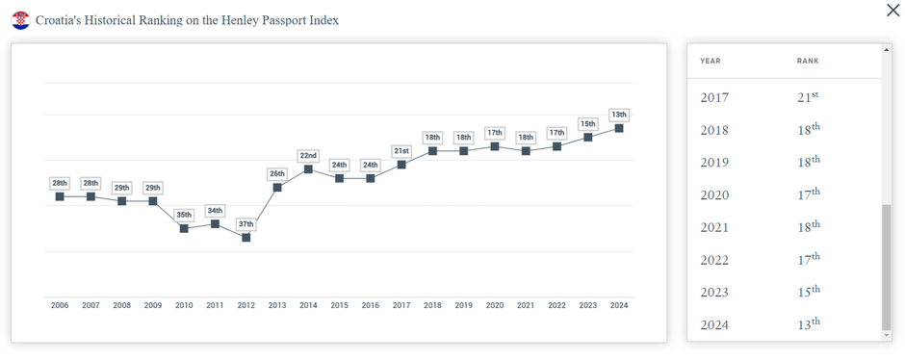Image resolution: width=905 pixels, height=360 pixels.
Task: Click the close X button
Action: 892,11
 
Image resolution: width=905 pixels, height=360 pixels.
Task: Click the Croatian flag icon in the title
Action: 20,20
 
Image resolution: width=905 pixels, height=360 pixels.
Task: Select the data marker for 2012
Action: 246,237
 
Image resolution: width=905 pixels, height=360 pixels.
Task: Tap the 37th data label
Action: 246,224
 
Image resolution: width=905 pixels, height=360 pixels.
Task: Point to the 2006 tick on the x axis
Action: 60,305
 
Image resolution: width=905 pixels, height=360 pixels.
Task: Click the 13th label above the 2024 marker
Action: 619,115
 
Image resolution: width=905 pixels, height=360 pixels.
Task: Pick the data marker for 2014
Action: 308,169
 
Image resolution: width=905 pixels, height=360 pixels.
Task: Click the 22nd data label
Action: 308,155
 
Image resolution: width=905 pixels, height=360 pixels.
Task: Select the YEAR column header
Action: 711,61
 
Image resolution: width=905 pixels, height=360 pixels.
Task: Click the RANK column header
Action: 808,61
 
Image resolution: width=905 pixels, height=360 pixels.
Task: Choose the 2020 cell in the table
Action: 714,195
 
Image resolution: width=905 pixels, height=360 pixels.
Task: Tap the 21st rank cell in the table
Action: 808,97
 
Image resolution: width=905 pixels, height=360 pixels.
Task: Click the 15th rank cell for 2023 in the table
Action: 808,292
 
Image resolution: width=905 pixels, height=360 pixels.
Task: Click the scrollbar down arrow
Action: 887,335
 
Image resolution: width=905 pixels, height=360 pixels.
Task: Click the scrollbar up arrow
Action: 887,49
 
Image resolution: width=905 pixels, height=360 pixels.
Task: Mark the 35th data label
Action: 184,215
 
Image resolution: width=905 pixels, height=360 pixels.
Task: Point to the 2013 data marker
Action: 277,187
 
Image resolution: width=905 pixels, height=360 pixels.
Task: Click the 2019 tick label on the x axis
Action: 463,305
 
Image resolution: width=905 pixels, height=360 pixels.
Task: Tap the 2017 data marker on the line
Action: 401,165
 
